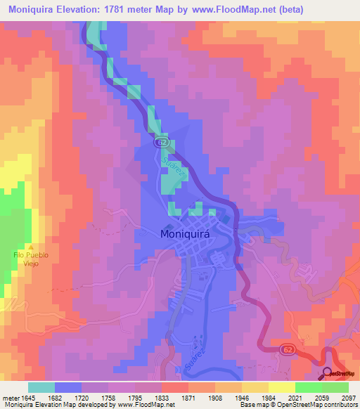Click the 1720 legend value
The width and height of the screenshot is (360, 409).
94,397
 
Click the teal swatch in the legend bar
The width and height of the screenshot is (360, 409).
41,387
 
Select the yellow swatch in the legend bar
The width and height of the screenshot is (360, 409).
281,387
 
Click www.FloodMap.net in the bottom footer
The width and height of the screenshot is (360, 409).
147,405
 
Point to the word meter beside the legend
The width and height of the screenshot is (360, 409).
11,397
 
